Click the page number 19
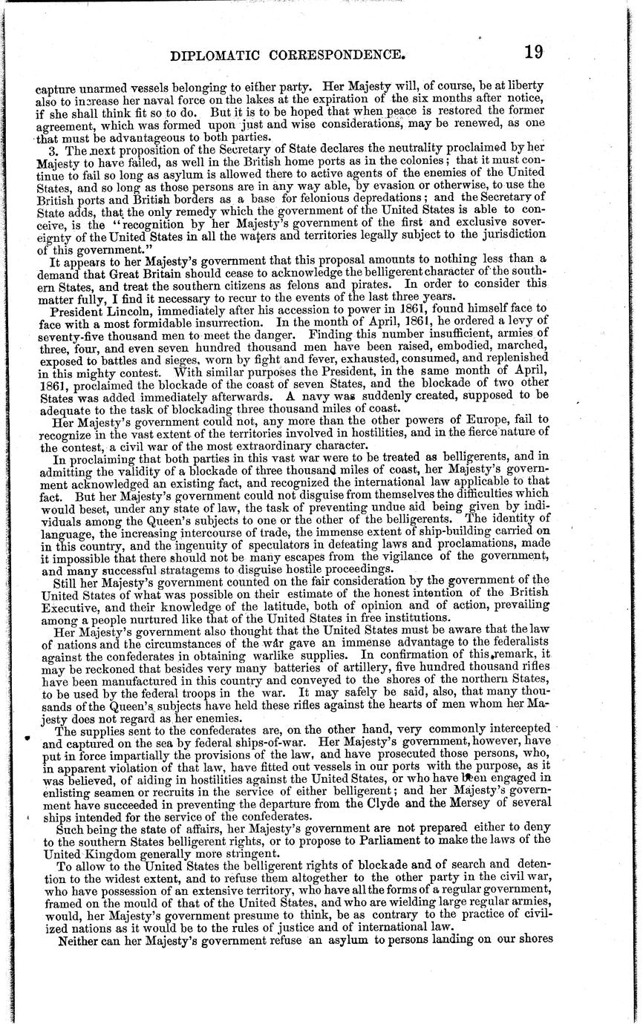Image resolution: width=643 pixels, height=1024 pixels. (x=532, y=53)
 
